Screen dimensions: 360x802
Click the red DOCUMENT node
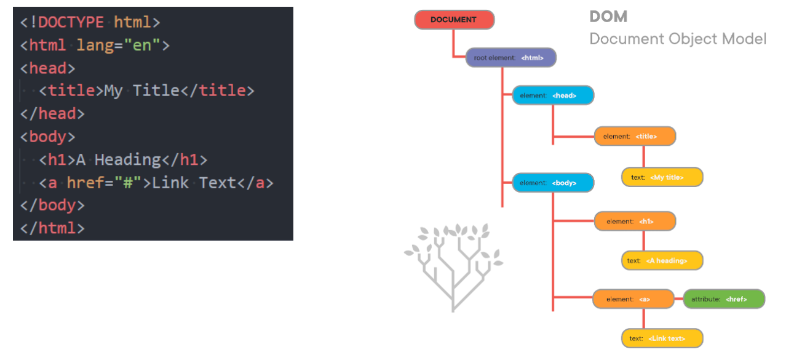454,20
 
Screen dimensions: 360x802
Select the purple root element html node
511,58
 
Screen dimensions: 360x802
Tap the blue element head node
553,95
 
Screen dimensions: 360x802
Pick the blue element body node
553,183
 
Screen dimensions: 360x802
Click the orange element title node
635,136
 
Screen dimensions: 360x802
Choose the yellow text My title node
662,177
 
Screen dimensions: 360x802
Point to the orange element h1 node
635,221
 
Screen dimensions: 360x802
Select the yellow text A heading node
662,260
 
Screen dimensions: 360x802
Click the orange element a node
633,299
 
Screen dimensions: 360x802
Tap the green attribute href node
724,299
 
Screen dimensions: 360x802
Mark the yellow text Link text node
662,338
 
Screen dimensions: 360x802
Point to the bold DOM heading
608,17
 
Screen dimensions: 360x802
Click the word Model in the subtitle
745,39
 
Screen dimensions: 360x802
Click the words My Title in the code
141,91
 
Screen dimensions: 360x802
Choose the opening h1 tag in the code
57,160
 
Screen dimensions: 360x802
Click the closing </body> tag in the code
52,205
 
